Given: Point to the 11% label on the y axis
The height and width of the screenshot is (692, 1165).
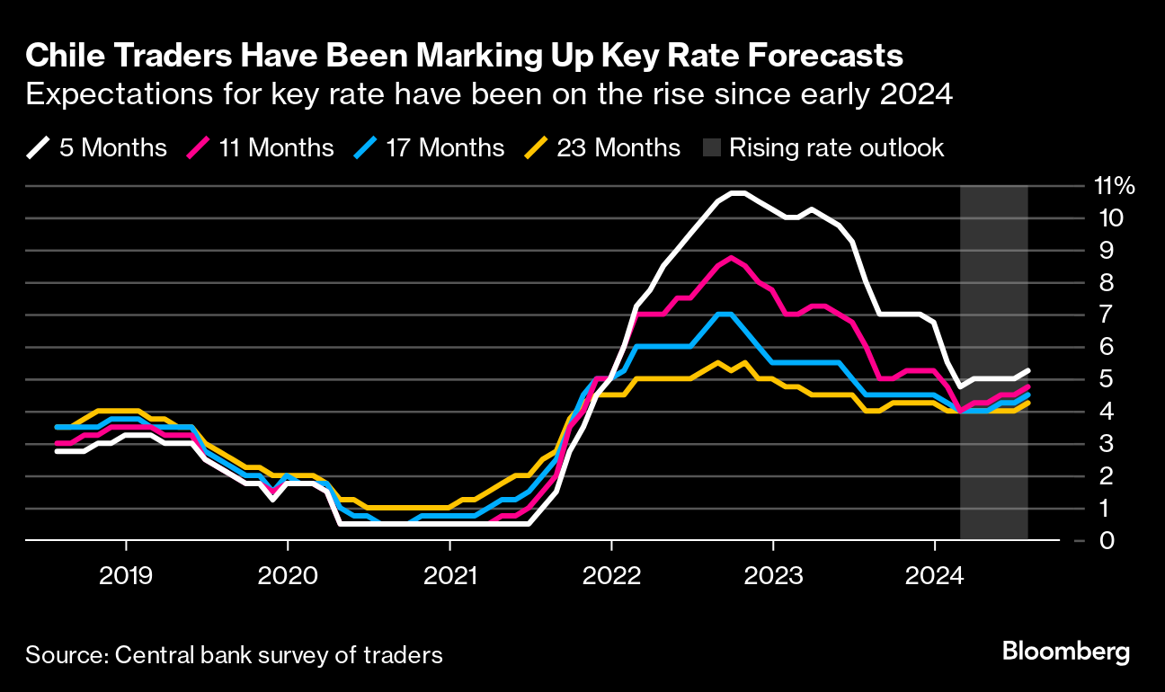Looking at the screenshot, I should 1114,187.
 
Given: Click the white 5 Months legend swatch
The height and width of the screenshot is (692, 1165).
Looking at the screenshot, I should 39,147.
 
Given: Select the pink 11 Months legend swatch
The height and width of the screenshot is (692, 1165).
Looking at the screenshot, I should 199,147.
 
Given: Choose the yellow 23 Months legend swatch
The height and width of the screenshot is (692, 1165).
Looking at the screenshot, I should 537,147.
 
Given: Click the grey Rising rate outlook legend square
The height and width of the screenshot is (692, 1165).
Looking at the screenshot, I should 707,147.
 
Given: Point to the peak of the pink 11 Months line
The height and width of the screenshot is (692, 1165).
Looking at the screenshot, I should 732,258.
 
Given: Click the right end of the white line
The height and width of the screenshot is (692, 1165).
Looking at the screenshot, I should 1028,370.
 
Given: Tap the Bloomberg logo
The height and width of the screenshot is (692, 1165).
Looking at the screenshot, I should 1065,652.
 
